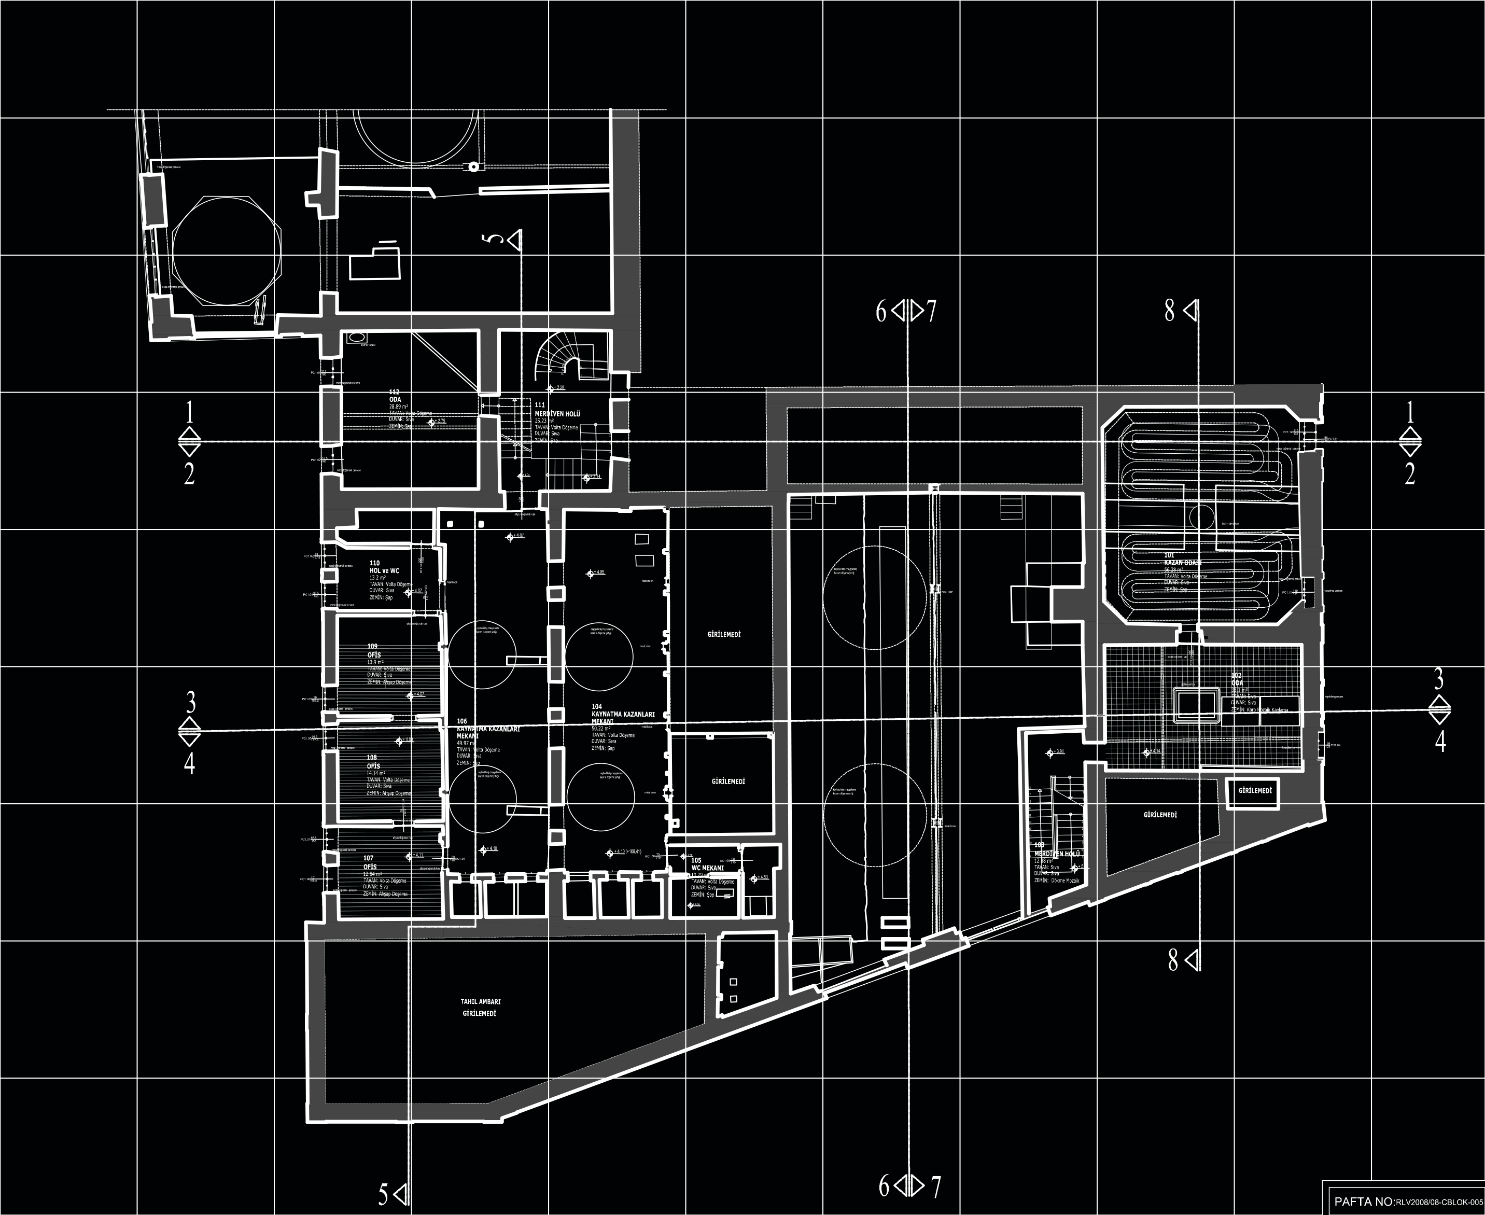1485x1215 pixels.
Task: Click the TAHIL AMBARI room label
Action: point(480,1001)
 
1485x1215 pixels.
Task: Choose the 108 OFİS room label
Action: point(373,762)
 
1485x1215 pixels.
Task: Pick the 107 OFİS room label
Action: point(370,862)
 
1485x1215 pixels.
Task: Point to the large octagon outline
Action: point(228,250)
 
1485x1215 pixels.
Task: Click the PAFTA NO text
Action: point(1365,1202)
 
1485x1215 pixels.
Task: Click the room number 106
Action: point(462,721)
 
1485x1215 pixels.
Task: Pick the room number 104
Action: point(596,707)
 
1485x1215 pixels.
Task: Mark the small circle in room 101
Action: point(1201,517)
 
